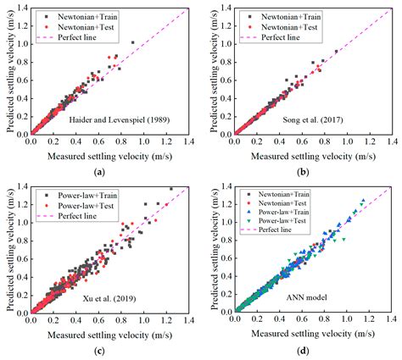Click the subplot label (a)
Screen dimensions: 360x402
pyautogui.click(x=100, y=171)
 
